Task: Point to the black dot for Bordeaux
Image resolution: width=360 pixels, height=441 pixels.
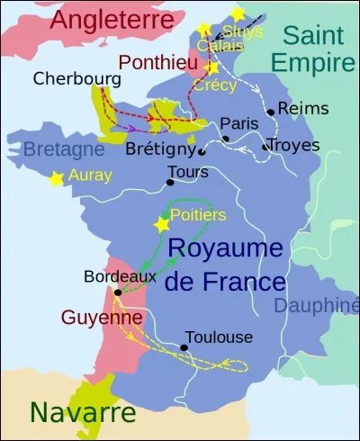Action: [x=118, y=292]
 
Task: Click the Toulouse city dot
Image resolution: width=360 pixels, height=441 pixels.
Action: [x=184, y=347]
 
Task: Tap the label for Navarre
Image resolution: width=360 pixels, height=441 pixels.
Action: [x=83, y=413]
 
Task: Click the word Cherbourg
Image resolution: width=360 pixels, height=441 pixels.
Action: [x=76, y=78]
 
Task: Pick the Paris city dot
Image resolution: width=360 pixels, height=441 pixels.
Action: [x=225, y=139]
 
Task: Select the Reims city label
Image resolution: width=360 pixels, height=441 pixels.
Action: [x=298, y=108]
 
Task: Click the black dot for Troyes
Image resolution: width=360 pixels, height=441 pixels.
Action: [x=265, y=147]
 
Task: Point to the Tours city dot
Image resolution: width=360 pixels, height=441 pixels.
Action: [x=169, y=183]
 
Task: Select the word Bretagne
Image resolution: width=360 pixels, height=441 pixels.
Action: [x=65, y=149]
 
